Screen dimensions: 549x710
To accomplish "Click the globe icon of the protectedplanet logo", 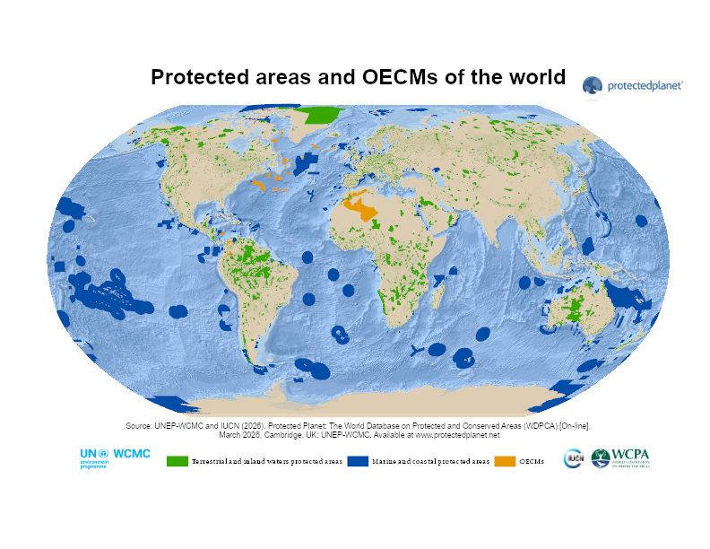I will [593, 86].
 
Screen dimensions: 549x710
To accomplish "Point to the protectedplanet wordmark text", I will [645, 86].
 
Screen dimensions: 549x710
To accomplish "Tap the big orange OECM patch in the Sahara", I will [369, 208].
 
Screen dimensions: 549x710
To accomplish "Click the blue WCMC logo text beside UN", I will [132, 455].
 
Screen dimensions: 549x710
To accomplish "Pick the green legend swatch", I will [177, 461].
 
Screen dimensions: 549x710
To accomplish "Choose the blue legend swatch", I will [359, 461].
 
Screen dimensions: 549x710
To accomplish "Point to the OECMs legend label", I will [532, 461].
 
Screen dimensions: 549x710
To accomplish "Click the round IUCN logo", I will [573, 459].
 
